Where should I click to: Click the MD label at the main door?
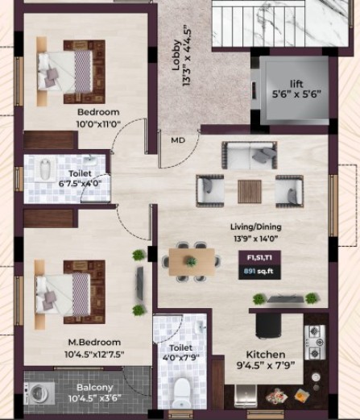(178, 140)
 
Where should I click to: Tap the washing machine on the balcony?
(39, 394)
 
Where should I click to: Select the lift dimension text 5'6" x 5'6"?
(296, 94)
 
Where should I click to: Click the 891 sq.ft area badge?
(259, 271)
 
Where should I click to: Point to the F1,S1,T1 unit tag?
(259, 258)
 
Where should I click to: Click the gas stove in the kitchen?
(315, 343)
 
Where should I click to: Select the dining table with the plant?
(192, 262)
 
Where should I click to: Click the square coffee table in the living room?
(250, 191)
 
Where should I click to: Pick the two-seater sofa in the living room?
(250, 156)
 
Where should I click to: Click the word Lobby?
(176, 56)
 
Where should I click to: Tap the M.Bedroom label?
(94, 343)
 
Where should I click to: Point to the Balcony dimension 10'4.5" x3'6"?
(95, 398)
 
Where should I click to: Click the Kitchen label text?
(266, 355)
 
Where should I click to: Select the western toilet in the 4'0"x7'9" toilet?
(181, 393)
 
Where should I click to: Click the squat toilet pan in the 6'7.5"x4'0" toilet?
(45, 170)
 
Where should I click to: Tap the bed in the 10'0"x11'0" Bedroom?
(71, 72)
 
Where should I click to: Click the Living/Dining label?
(256, 227)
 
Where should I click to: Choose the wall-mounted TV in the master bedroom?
(140, 284)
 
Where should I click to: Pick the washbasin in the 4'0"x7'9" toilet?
(201, 327)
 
